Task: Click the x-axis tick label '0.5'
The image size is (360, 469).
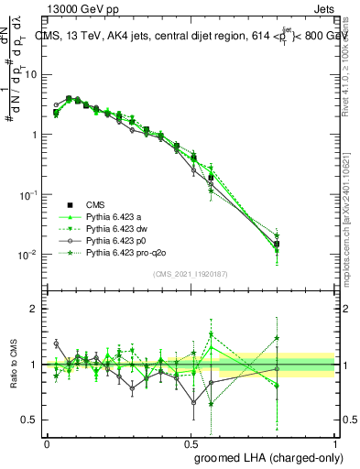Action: click(x=191, y=442)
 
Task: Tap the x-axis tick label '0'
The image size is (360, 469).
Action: click(x=47, y=442)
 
